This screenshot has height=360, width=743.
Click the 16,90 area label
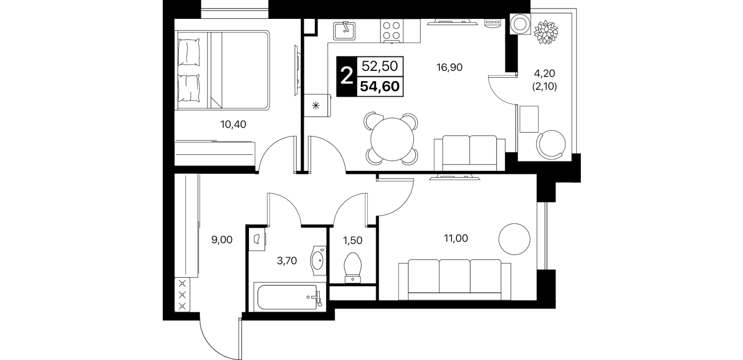click(x=449, y=67)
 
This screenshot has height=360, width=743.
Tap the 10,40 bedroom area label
click(x=233, y=125)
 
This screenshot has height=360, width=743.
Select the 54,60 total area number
click(x=380, y=87)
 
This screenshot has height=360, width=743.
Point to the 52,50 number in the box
click(x=380, y=66)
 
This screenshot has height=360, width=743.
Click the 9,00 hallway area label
click(x=222, y=239)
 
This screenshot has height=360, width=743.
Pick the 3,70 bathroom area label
click(x=287, y=261)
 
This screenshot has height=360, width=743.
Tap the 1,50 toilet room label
click(x=352, y=241)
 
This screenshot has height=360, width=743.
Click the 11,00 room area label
click(x=456, y=238)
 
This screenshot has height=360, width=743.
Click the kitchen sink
click(x=344, y=31)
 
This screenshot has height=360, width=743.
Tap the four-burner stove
click(x=392, y=31)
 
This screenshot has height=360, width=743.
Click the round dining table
click(x=392, y=139)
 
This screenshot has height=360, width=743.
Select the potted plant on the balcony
click(x=545, y=32)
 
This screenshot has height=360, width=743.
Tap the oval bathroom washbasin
click(x=318, y=261)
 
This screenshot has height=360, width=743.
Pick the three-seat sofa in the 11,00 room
click(x=455, y=279)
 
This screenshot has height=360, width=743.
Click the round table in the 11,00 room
click(x=515, y=239)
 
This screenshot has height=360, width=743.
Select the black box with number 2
click(x=347, y=77)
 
